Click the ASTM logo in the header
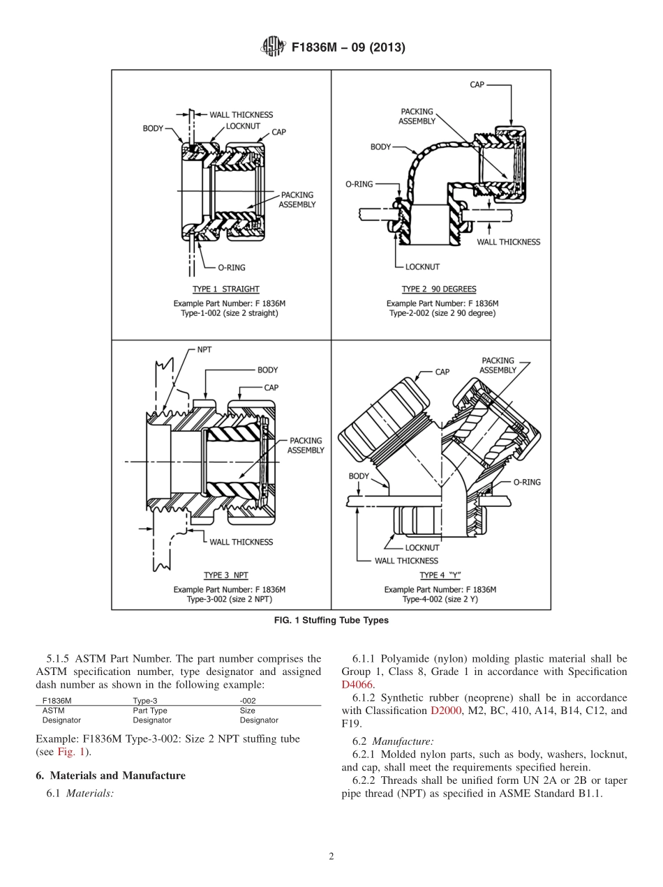pyautogui.click(x=271, y=47)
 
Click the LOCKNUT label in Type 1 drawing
pyautogui.click(x=243, y=126)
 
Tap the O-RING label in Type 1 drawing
pyautogui.click(x=230, y=267)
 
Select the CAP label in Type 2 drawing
pyautogui.click(x=477, y=84)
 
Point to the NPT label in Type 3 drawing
pyautogui.click(x=204, y=349)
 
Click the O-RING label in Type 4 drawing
pyautogui.click(x=527, y=482)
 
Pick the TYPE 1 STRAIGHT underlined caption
pyautogui.click(x=225, y=289)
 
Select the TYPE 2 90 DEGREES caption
pyautogui.click(x=441, y=289)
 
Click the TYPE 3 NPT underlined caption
pyautogui.click(x=225, y=575)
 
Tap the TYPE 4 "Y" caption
pyautogui.click(x=440, y=575)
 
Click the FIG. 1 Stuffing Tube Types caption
pyautogui.click(x=331, y=620)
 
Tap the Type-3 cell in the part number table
pyautogui.click(x=145, y=700)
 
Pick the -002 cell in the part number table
pyautogui.click(x=248, y=700)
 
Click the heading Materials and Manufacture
pyautogui.click(x=110, y=775)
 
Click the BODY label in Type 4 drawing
pyautogui.click(x=359, y=476)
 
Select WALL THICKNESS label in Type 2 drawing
pyautogui.click(x=508, y=242)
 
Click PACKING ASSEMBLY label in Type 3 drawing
pyautogui.click(x=306, y=446)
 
